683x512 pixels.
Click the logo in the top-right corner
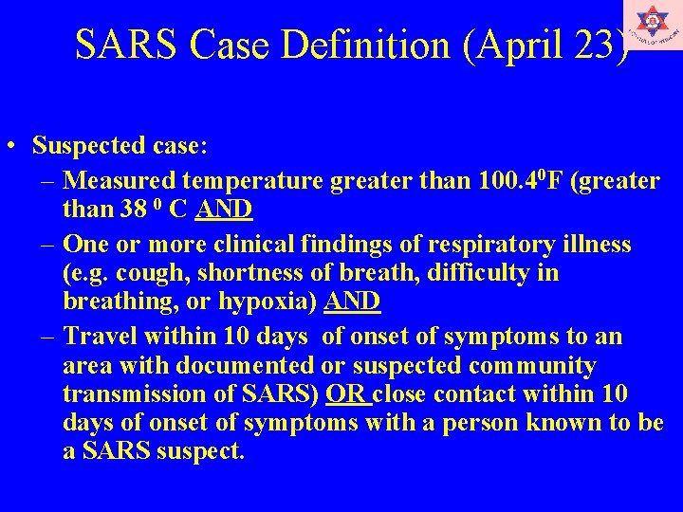(x=653, y=25)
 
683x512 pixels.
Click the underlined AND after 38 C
(x=221, y=209)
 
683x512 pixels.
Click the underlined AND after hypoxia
(x=352, y=302)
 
